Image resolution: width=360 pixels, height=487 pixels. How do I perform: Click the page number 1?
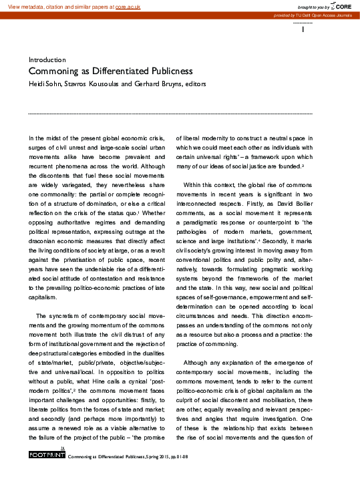tap(304, 29)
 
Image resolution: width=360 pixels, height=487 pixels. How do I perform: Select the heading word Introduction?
tap(47, 59)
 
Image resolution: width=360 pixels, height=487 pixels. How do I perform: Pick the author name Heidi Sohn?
tap(43, 84)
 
